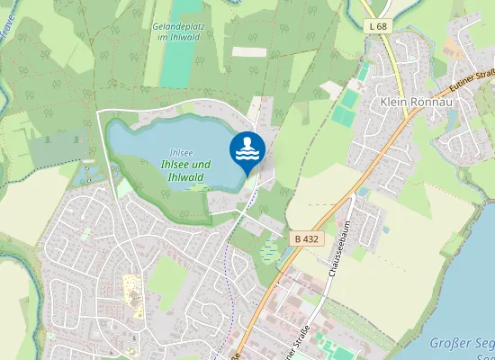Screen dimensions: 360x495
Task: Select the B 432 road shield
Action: tap(306, 238)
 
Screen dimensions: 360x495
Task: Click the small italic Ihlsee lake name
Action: tap(180, 152)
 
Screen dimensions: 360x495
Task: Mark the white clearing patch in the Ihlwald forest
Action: tap(248, 51)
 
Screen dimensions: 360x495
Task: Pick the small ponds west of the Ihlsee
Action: tap(89, 172)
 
